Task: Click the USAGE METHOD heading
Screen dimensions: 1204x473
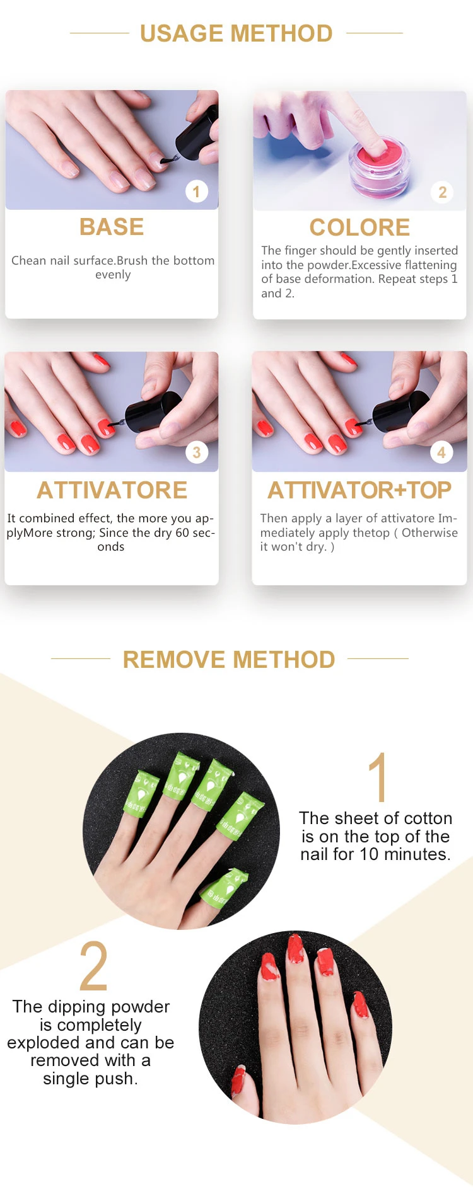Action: tap(236, 33)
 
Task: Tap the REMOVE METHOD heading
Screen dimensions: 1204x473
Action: tap(229, 660)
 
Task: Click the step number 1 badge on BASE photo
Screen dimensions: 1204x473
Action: tap(196, 192)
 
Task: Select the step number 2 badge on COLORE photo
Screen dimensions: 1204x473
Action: tap(442, 192)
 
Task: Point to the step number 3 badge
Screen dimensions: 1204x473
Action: tap(197, 452)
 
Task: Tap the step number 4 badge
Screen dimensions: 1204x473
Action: tap(441, 452)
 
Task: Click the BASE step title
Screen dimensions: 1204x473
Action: tap(112, 227)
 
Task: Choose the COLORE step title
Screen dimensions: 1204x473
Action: tap(359, 227)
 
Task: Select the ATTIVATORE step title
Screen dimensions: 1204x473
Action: tap(112, 490)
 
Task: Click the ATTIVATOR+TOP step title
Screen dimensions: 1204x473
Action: tap(359, 490)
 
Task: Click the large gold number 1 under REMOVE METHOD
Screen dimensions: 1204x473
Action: tap(377, 777)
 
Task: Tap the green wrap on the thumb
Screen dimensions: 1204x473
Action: tap(224, 888)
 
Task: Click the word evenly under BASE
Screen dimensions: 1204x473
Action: tap(113, 275)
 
